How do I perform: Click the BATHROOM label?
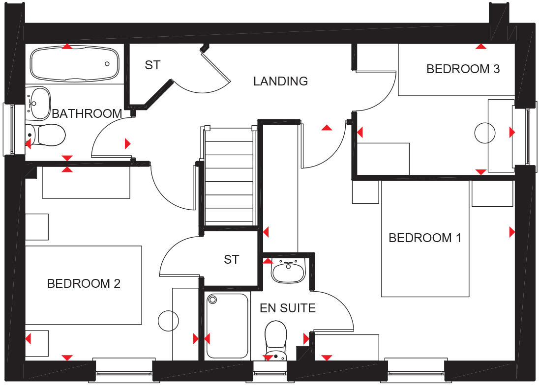pyautogui.click(x=87, y=113)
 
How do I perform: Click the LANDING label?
pyautogui.click(x=280, y=81)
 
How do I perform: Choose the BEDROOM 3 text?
pyautogui.click(x=463, y=69)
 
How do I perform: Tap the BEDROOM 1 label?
pyautogui.click(x=425, y=238)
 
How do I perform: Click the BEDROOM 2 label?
pyautogui.click(x=84, y=283)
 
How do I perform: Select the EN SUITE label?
pyautogui.click(x=287, y=308)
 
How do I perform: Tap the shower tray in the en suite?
pyautogui.click(x=227, y=326)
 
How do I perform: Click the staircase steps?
pyautogui.click(x=229, y=177)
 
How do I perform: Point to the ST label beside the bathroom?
pyautogui.click(x=152, y=65)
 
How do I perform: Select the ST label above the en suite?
pyautogui.click(x=231, y=259)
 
